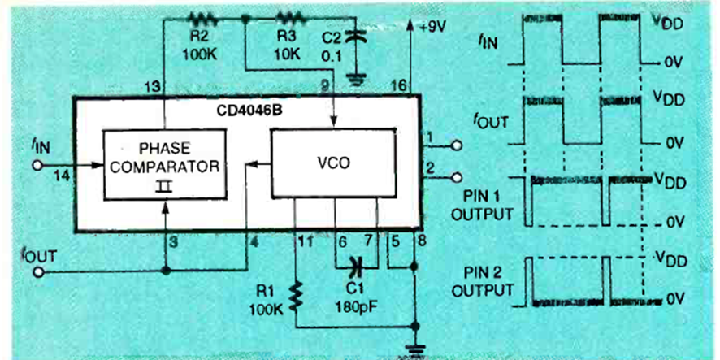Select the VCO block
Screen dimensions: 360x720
tap(333, 163)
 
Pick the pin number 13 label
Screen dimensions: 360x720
tap(151, 86)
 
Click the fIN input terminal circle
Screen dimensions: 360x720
tap(37, 165)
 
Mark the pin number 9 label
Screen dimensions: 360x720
tap(324, 85)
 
